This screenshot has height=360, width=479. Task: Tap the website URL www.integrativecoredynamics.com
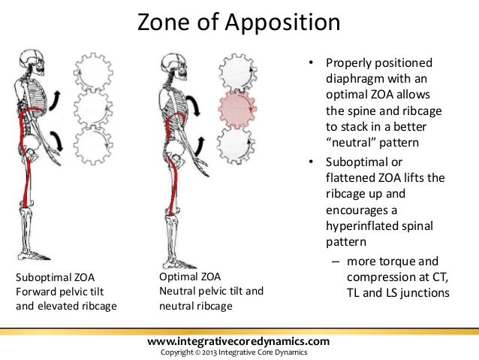[239, 342]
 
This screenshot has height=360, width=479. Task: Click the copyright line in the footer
[239, 352]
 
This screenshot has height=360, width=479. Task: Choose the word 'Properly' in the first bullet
[350, 63]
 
